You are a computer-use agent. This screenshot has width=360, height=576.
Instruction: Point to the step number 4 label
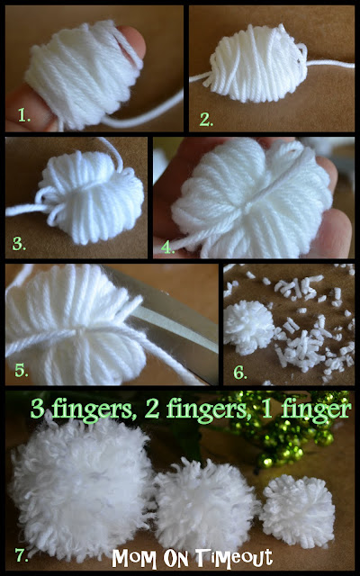167,242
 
